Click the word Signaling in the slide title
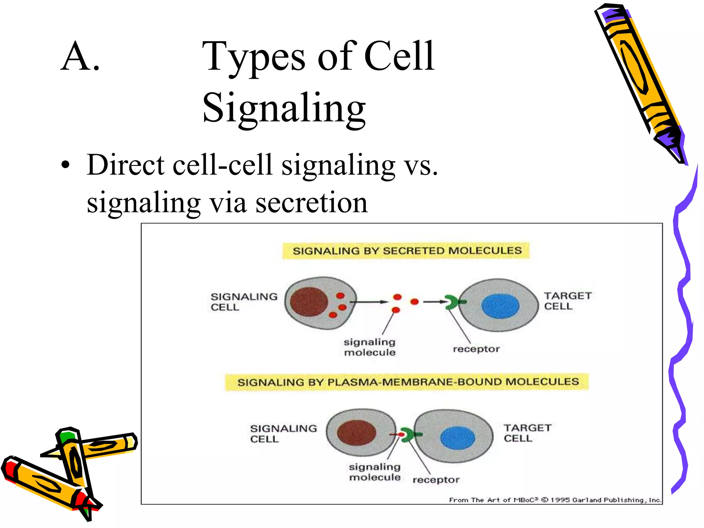[284, 108]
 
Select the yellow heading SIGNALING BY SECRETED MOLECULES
[407, 251]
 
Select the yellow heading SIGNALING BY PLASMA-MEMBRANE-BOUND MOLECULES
[408, 382]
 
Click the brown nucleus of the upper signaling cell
[309, 301]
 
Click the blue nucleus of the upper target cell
[500, 306]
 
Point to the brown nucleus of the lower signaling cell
[356, 433]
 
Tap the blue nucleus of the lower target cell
[457, 438]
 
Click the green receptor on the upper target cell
[453, 302]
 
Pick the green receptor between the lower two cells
[409, 435]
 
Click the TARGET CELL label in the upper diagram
[567, 301]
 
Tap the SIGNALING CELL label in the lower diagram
[283, 433]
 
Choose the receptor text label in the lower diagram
[436, 480]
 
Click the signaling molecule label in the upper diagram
[370, 347]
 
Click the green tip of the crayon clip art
[65, 437]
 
